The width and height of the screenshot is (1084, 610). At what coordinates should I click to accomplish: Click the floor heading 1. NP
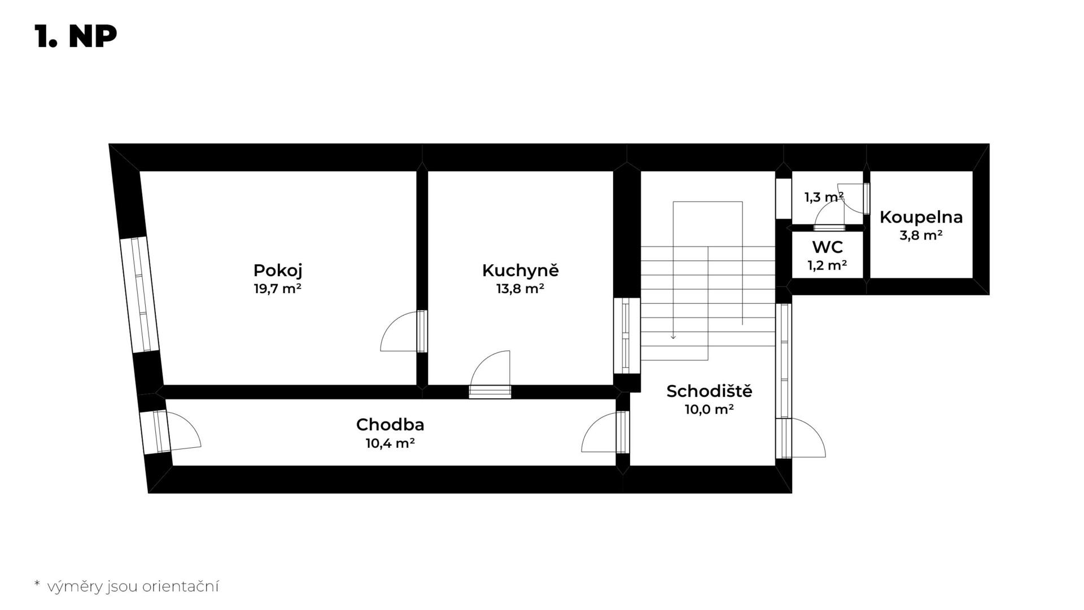[76, 37]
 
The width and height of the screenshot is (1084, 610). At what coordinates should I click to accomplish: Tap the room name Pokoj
[277, 271]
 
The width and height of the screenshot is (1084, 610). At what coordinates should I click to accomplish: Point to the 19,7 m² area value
[277, 289]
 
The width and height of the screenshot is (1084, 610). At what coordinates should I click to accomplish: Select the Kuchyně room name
[520, 270]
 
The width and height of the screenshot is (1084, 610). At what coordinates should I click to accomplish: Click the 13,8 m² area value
[520, 289]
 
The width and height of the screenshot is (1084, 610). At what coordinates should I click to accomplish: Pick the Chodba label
[390, 424]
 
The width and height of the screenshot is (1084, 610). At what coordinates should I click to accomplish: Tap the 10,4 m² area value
[390, 443]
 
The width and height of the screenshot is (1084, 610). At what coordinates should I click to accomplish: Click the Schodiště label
[709, 391]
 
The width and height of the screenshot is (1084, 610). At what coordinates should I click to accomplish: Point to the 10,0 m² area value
[709, 409]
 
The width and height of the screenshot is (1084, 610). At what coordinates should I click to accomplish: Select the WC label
[827, 247]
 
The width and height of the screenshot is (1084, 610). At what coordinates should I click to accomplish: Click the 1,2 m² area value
[827, 265]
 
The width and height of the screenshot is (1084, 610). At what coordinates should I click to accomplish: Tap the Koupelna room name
[921, 217]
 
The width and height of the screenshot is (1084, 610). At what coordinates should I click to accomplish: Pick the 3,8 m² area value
[921, 236]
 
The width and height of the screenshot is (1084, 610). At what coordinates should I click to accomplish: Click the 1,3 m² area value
[824, 197]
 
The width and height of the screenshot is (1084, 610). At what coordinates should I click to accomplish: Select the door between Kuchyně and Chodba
[491, 374]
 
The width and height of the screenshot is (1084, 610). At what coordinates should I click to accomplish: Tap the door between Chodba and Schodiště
[605, 432]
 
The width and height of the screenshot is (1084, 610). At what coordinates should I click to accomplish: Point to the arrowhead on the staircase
[673, 337]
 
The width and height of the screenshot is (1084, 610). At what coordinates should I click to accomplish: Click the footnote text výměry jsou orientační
[133, 587]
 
